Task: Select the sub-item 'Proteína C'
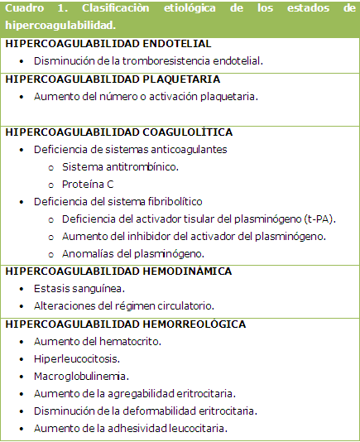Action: pyautogui.click(x=87, y=184)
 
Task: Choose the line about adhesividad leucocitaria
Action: pyautogui.click(x=130, y=428)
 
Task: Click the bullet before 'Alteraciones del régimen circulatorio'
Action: pyautogui.click(x=21, y=305)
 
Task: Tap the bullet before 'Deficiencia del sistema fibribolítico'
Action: pyautogui.click(x=21, y=201)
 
